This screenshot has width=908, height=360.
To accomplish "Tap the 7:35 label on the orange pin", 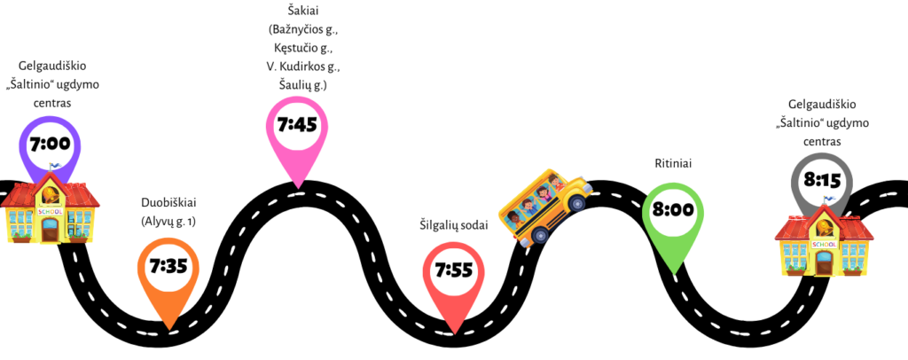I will click(168, 265).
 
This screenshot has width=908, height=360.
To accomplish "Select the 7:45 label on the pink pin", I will click(297, 125).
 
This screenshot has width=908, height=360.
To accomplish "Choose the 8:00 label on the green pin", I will click(672, 211).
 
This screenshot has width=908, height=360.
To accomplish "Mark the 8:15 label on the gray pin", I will click(822, 181).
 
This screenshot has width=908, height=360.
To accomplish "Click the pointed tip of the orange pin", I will click(168, 332).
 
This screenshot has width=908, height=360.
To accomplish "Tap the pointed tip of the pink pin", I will click(298, 187).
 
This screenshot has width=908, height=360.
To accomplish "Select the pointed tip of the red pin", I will click(454, 334).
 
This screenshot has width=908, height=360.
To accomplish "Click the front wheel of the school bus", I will click(576, 204).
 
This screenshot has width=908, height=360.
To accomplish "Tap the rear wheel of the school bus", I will click(539, 235).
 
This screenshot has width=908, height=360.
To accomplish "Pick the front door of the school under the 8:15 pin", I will click(824, 263).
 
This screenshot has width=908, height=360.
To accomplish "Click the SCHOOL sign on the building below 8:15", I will click(824, 245).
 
